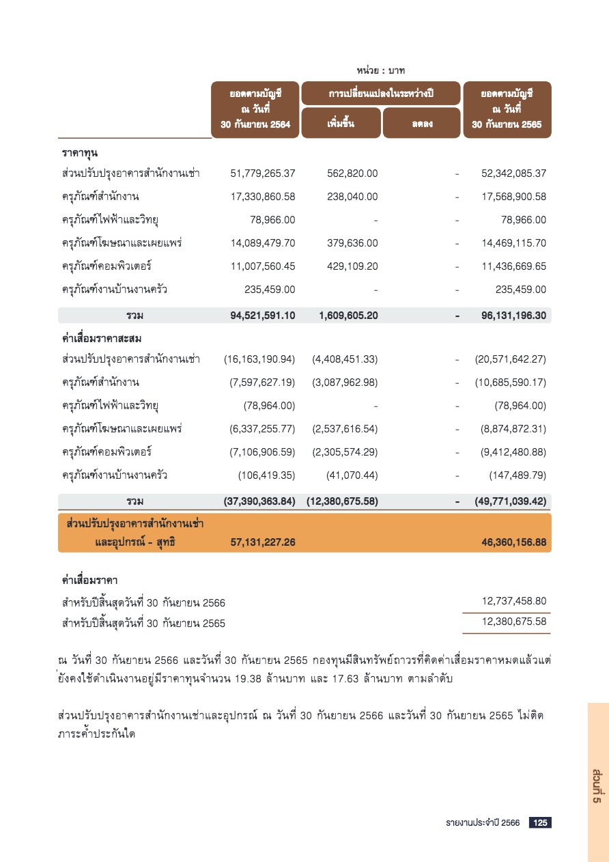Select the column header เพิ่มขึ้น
pyautogui.click(x=341, y=124)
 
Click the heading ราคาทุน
pyautogui.click(x=79, y=151)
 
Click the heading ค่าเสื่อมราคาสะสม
pyautogui.click(x=101, y=338)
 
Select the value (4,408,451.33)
pyautogui.click(x=345, y=359)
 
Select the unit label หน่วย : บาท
pyautogui.click(x=381, y=70)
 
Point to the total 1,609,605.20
pyautogui.click(x=348, y=316)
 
